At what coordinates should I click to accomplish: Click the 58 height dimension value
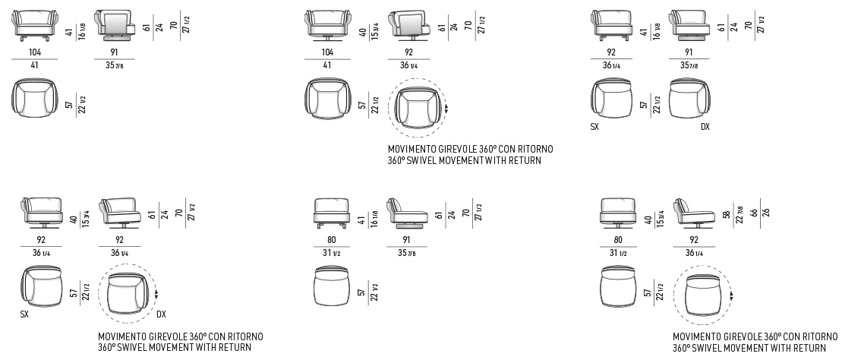click(x=726, y=214)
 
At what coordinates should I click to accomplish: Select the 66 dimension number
click(x=754, y=213)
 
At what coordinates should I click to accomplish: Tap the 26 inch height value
click(x=766, y=212)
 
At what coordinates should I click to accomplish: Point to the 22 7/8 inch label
click(x=740, y=214)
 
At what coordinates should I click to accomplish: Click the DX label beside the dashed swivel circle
click(x=161, y=314)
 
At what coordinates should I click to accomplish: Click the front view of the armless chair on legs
click(x=331, y=213)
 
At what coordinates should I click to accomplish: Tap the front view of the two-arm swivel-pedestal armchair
click(x=327, y=25)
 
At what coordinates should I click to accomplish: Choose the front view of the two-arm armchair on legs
click(x=35, y=25)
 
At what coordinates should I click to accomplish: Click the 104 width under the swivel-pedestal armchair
click(x=327, y=52)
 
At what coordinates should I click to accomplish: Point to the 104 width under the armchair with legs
click(x=35, y=52)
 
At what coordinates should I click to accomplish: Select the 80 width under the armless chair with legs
click(x=331, y=240)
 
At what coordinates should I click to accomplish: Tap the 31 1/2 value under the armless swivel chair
click(x=618, y=254)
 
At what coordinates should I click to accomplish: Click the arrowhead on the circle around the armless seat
click(x=731, y=295)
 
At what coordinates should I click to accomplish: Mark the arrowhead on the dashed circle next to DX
click(x=157, y=295)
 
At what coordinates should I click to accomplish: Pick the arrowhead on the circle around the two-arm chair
click(x=446, y=109)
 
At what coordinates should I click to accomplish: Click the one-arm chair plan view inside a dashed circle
click(x=127, y=293)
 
